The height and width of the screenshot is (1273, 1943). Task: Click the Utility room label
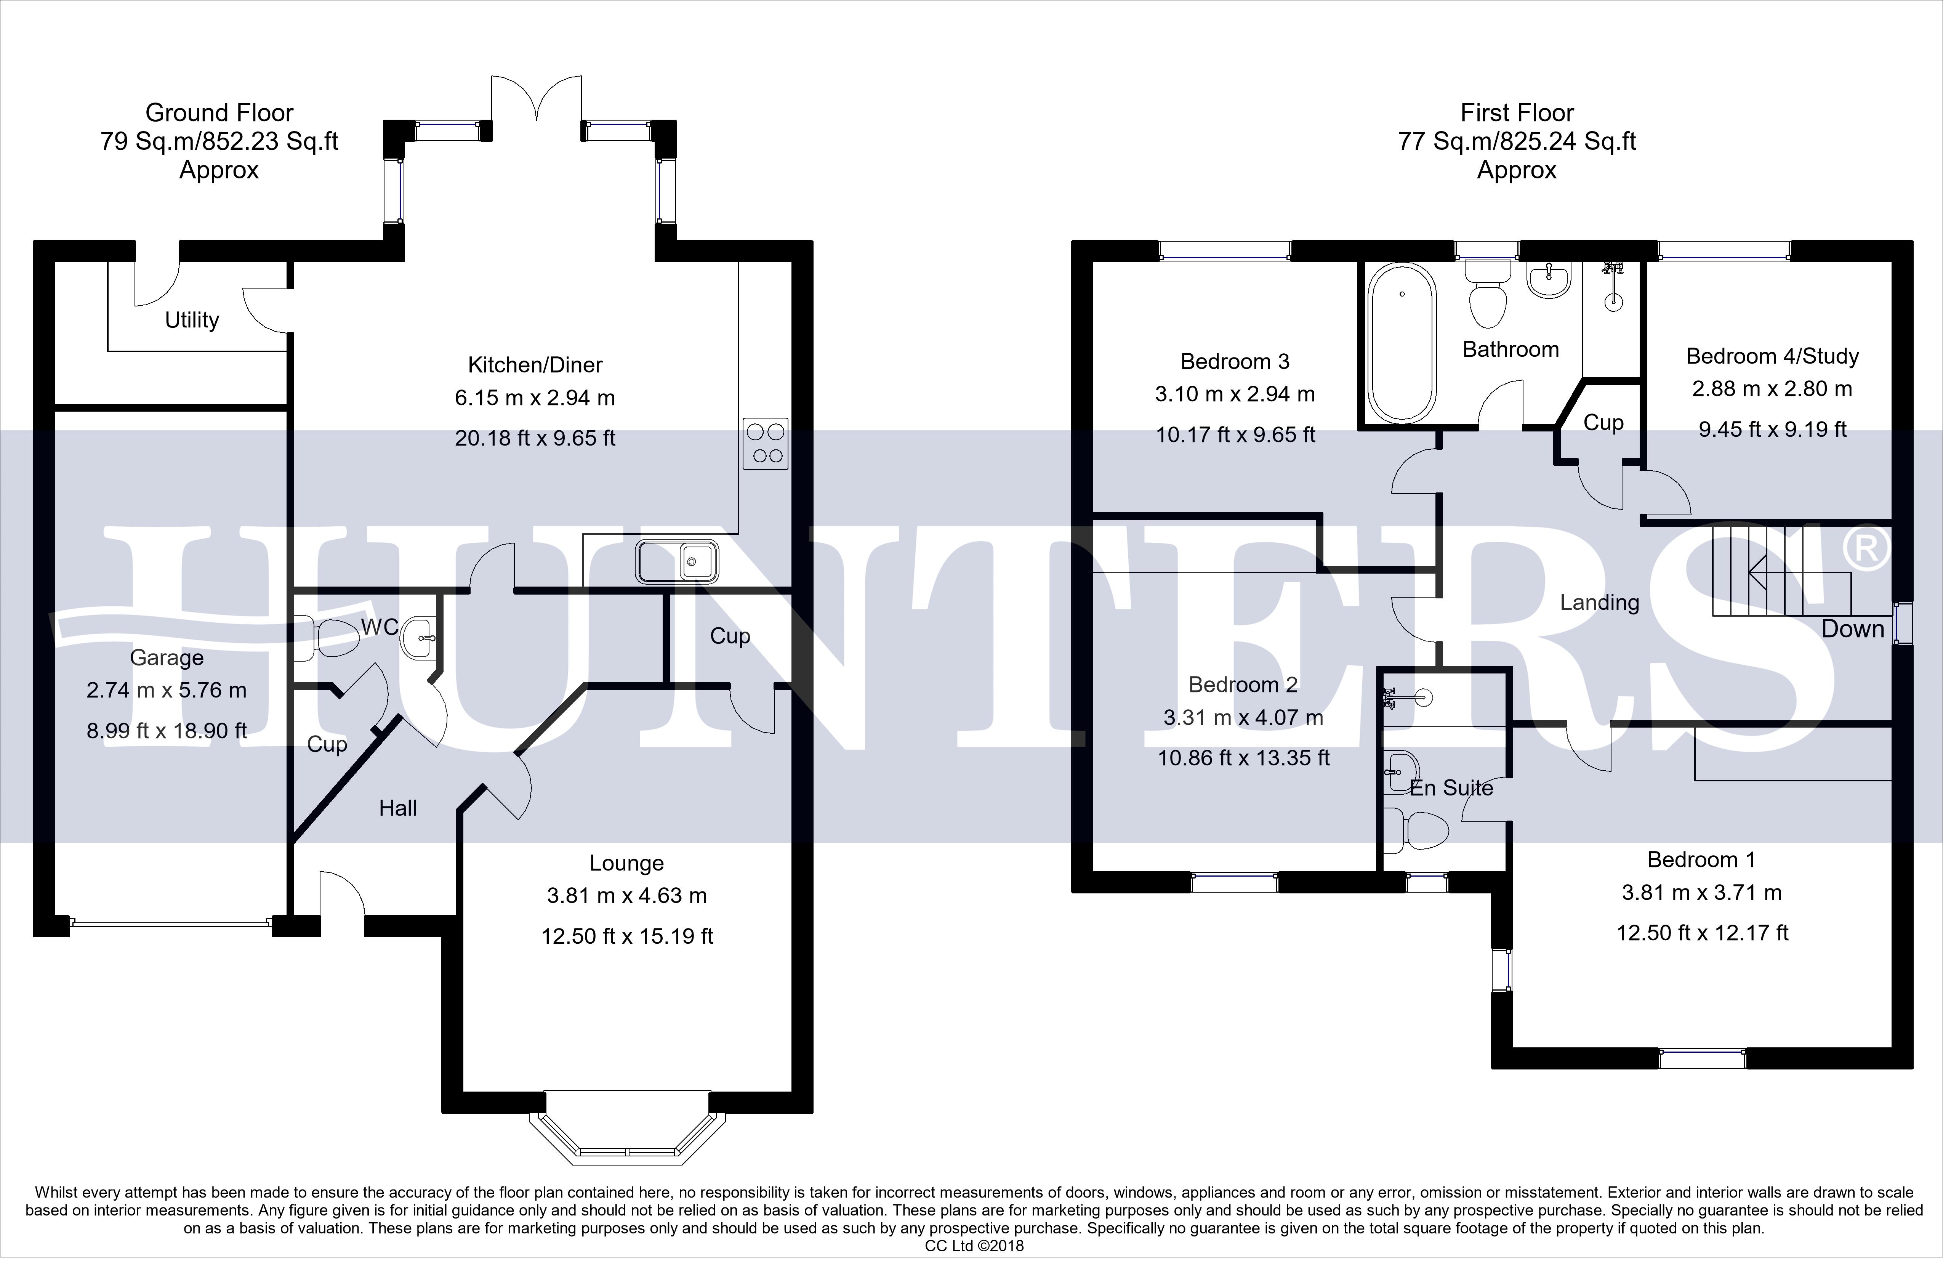tap(192, 320)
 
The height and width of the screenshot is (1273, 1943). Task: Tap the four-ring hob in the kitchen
tap(766, 443)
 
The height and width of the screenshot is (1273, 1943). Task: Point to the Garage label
tap(167, 657)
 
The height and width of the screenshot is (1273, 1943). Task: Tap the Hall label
tap(397, 808)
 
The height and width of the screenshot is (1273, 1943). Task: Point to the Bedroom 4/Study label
tap(1772, 357)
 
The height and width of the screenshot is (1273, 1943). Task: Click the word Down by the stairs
tap(1853, 629)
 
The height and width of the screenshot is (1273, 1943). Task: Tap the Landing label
tap(1599, 603)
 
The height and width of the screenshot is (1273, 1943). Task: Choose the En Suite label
tap(1451, 788)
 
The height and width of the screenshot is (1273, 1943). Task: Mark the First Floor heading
tap(1517, 113)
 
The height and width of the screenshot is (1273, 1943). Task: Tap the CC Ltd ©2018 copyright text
tap(974, 1246)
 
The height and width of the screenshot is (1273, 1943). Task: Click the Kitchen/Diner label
tap(535, 365)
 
